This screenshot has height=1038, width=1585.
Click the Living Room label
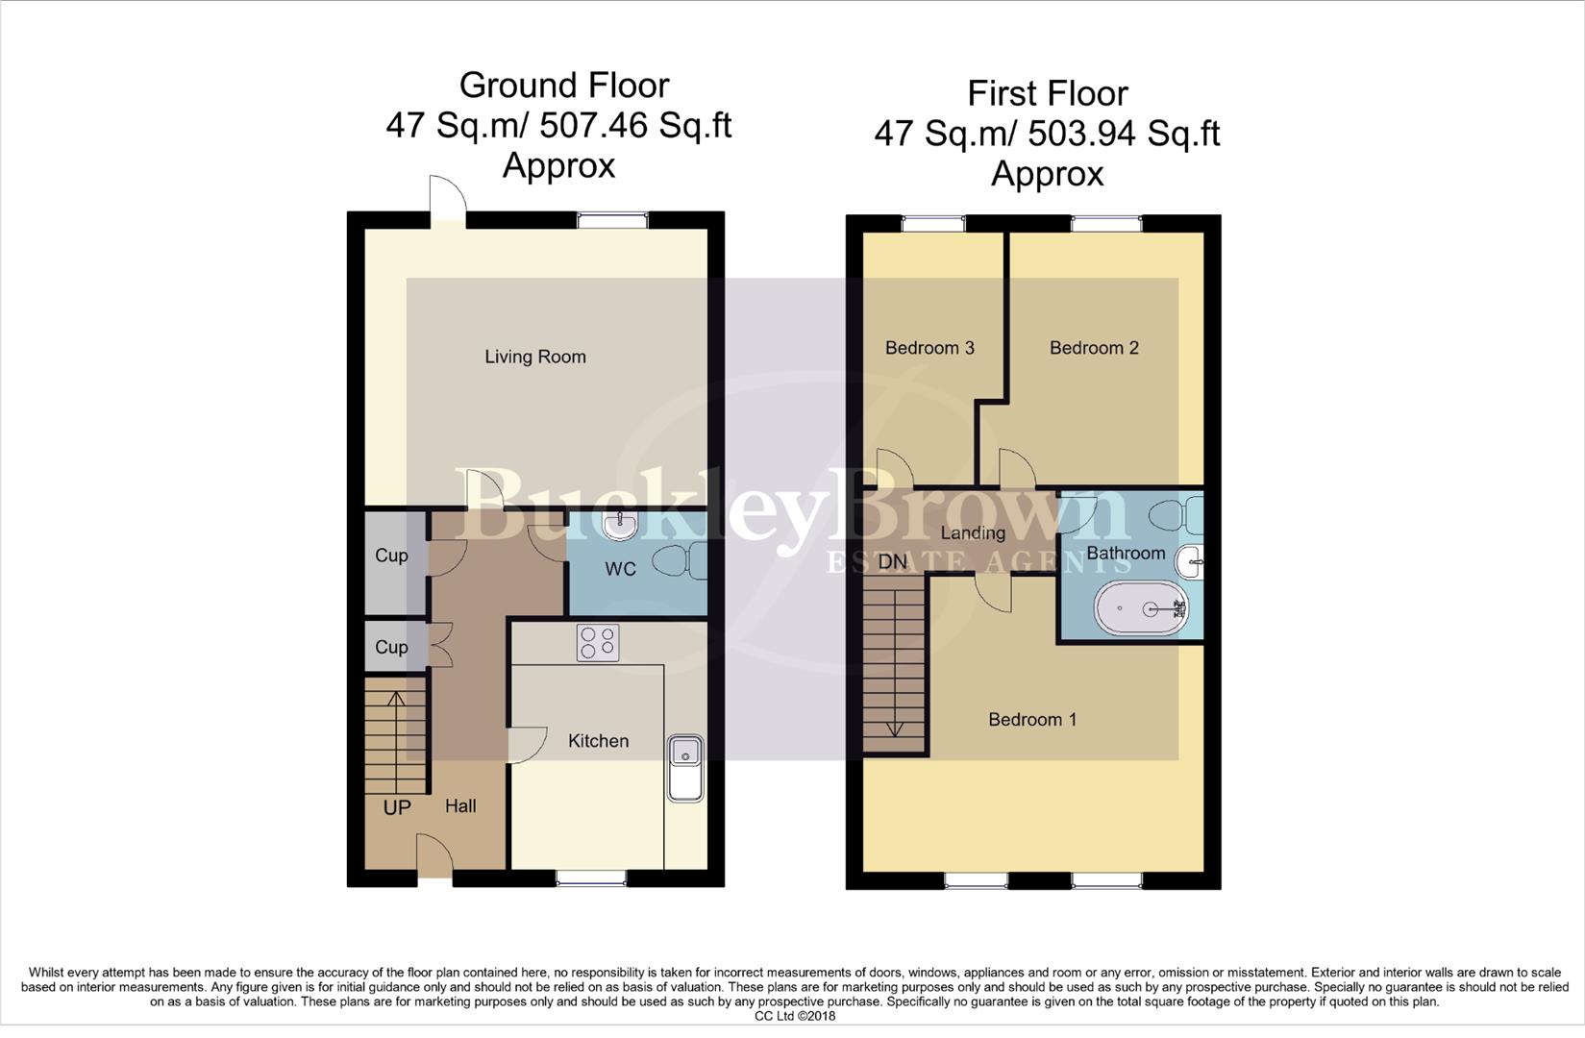click(534, 357)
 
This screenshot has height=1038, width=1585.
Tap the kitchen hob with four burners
click(598, 643)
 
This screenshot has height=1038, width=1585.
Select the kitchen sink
click(685, 768)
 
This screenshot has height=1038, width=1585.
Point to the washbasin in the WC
click(620, 524)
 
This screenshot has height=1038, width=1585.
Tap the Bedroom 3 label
click(929, 348)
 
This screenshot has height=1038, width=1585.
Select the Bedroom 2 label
click(1094, 348)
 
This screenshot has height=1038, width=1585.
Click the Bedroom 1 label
click(1032, 719)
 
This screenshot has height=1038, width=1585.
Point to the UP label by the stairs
click(397, 807)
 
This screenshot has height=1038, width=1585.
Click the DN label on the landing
click(892, 561)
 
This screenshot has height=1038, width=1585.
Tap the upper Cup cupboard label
click(391, 556)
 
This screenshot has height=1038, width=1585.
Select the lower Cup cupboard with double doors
click(391, 647)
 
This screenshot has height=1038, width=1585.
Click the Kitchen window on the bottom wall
click(591, 877)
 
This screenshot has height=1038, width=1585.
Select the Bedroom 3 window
click(933, 224)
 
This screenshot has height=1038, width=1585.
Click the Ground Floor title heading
click(563, 86)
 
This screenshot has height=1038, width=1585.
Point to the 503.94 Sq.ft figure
click(1123, 134)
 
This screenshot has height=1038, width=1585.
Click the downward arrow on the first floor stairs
click(895, 728)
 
